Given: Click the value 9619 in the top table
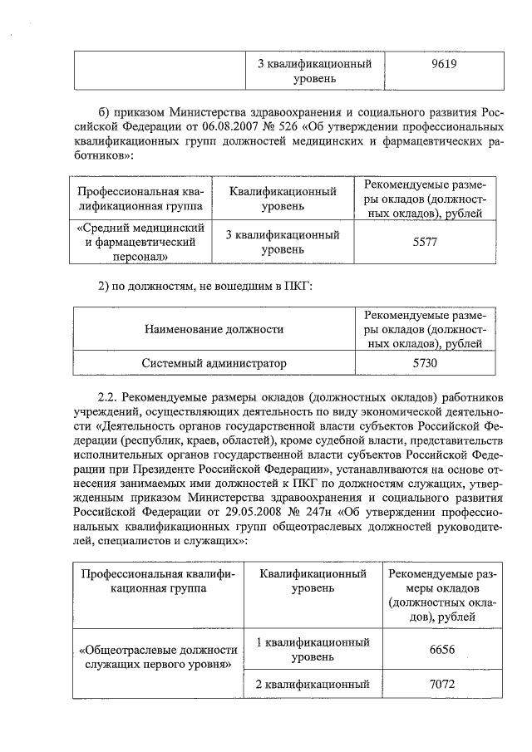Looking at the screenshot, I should pyautogui.click(x=441, y=65).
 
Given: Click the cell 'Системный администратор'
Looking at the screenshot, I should pyautogui.click(x=214, y=363).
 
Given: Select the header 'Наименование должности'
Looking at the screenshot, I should pyautogui.click(x=214, y=329).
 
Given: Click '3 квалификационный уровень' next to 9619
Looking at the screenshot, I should pyautogui.click(x=312, y=71).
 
